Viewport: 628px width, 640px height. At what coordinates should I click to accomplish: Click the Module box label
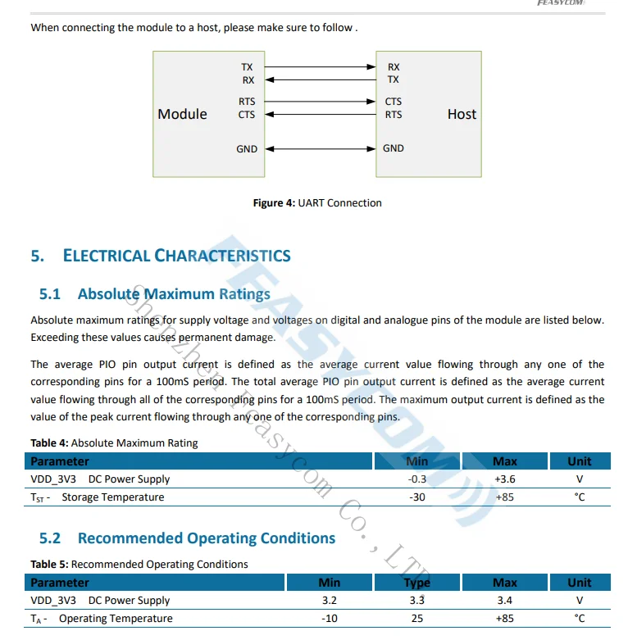tap(182, 114)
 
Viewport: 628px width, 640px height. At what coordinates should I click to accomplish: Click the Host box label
tap(462, 114)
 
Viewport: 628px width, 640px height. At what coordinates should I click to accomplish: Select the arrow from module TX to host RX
tap(320, 67)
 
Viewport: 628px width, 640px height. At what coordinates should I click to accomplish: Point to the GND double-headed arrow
tap(320, 149)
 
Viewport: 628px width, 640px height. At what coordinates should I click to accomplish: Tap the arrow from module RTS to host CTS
tap(320, 102)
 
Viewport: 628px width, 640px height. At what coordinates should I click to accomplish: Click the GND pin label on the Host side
tap(394, 148)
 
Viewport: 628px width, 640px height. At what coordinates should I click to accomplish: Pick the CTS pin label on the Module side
tap(247, 115)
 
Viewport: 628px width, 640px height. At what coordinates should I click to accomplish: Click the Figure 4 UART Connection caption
tap(317, 203)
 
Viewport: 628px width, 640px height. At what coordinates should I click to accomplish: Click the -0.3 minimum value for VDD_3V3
tap(417, 479)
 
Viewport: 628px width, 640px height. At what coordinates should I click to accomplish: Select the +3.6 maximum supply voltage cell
tap(505, 479)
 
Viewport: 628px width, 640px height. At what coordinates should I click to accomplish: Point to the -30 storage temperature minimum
tap(417, 497)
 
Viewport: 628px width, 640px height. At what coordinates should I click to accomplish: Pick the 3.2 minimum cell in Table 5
tap(330, 601)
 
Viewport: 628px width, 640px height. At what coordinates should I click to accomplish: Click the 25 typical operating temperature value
tap(417, 619)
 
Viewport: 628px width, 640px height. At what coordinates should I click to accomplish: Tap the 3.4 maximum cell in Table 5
tap(505, 601)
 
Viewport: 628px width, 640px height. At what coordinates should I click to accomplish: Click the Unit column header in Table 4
tap(580, 461)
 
